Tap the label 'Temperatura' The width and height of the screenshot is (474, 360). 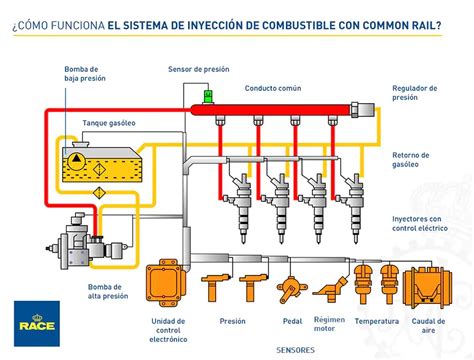click(376, 321)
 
